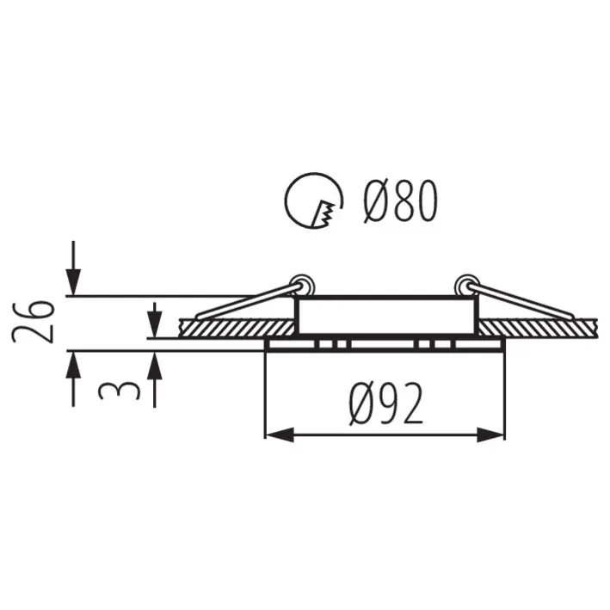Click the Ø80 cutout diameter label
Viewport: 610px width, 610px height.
pyautogui.click(x=401, y=202)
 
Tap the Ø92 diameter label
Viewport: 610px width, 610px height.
pyautogui.click(x=386, y=403)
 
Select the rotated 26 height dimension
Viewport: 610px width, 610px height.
pyautogui.click(x=33, y=321)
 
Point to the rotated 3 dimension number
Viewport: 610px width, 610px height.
pyautogui.click(x=120, y=391)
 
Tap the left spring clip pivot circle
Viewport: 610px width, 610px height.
pyautogui.click(x=303, y=285)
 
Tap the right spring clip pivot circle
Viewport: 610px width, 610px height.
pyautogui.click(x=466, y=285)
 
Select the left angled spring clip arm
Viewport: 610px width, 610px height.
pyautogui.click(x=248, y=302)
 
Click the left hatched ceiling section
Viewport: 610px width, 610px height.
pyautogui.click(x=237, y=328)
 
